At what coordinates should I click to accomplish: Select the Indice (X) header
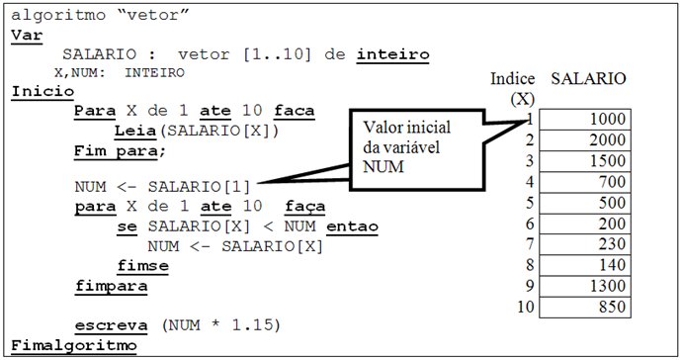tap(514, 88)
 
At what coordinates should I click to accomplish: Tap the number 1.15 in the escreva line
tap(253, 324)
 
